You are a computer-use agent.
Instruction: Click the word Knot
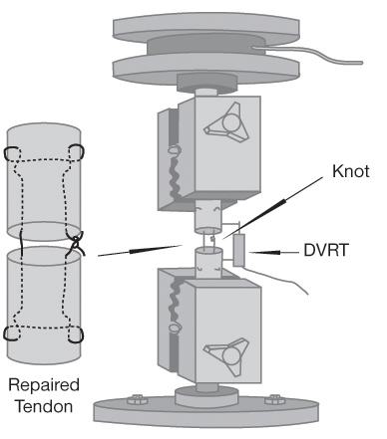pyautogui.click(x=351, y=171)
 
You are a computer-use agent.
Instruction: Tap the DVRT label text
pyautogui.click(x=326, y=250)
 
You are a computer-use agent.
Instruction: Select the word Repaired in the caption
pyautogui.click(x=44, y=385)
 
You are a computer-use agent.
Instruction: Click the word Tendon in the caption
pyautogui.click(x=44, y=406)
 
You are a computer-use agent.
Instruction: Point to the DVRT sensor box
pyautogui.click(x=239, y=250)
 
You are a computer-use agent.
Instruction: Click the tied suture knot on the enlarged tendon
pyautogui.click(x=76, y=244)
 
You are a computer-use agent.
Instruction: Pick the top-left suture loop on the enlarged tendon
pyautogui.click(x=11, y=153)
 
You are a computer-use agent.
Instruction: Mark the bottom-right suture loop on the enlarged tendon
pyautogui.click(x=76, y=334)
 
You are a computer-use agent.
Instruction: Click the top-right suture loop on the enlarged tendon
pyautogui.click(x=77, y=152)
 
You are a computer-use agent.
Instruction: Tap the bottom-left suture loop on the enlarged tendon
pyautogui.click(x=12, y=333)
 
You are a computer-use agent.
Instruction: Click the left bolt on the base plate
pyautogui.click(x=136, y=399)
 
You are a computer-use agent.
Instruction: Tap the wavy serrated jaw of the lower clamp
pyautogui.click(x=175, y=299)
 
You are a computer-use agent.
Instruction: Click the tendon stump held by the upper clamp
pyautogui.click(x=208, y=217)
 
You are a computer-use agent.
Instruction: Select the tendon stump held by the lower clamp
pyautogui.click(x=208, y=262)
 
